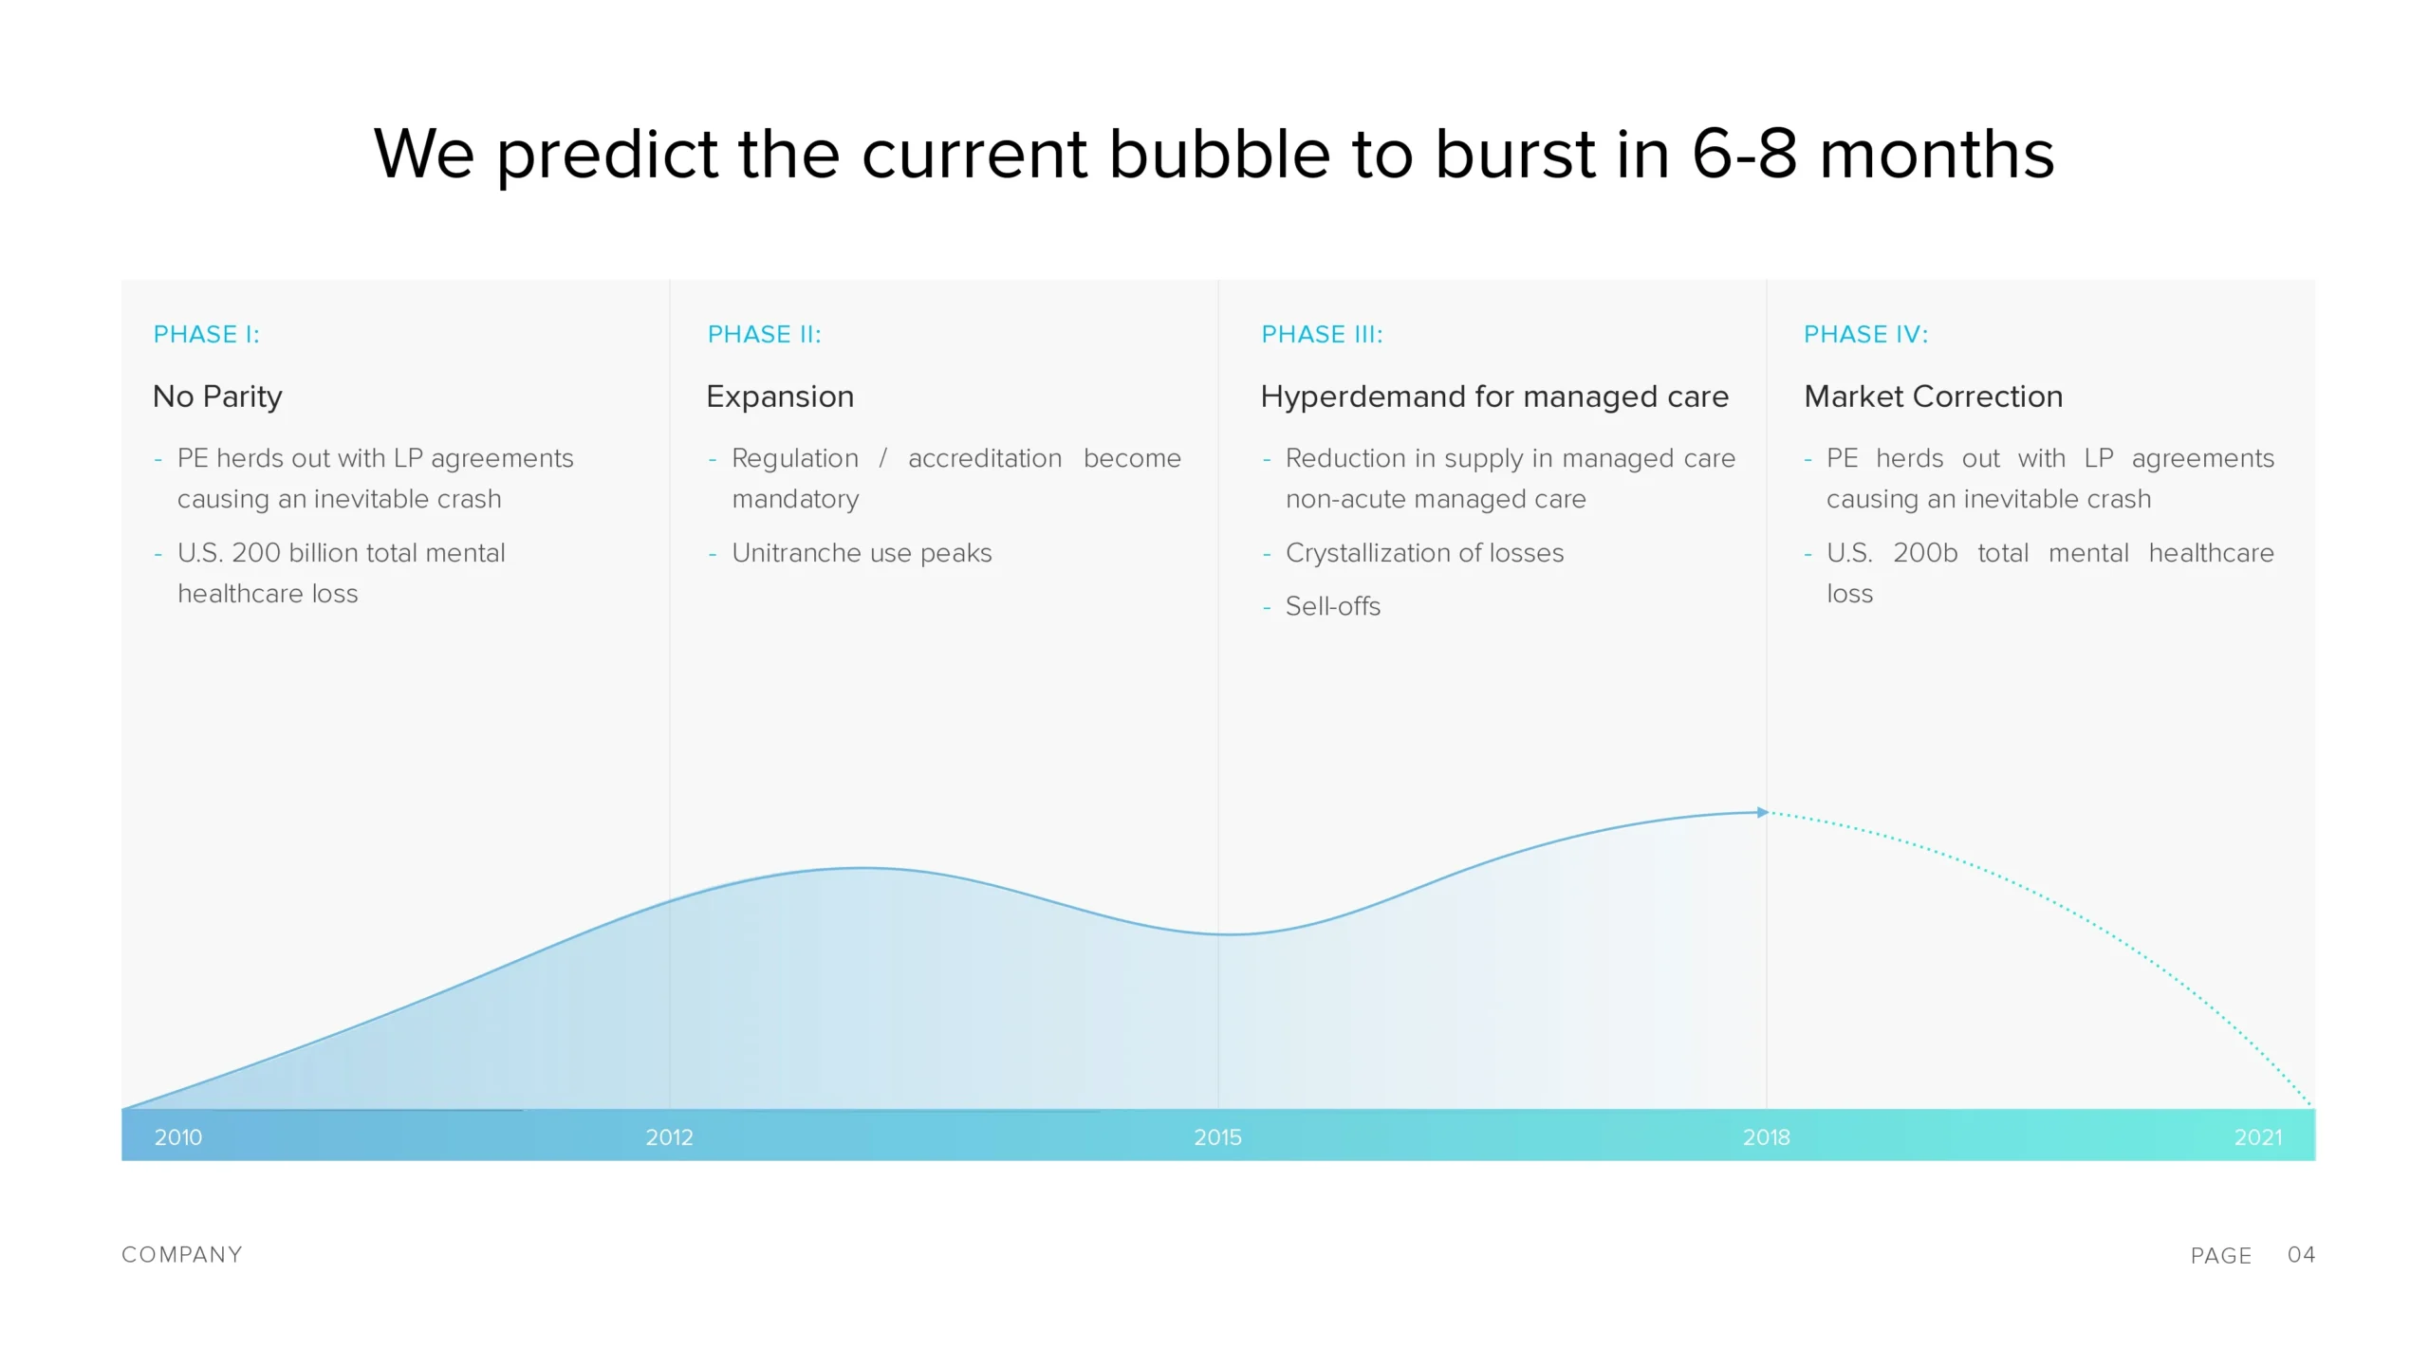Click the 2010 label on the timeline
click(178, 1136)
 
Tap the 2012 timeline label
click(669, 1136)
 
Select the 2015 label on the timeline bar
click(1217, 1136)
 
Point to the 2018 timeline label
click(1766, 1136)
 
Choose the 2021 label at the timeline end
click(2257, 1136)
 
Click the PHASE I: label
click(206, 334)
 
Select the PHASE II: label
click(764, 334)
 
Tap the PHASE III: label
click(1322, 334)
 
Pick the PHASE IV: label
click(1865, 334)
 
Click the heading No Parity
click(217, 397)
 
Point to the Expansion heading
click(780, 397)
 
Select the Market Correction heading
click(1933, 397)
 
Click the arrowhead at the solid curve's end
click(1763, 812)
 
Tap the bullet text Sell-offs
click(1332, 606)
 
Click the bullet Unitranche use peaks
click(862, 553)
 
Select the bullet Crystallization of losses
click(1424, 553)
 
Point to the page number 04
click(2301, 1255)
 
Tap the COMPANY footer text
click(181, 1255)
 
